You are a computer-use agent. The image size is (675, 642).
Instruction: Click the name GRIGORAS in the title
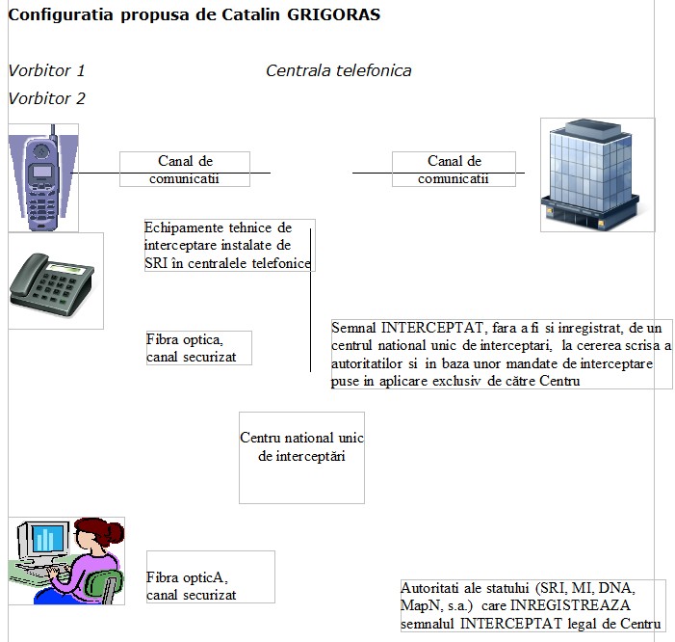333,14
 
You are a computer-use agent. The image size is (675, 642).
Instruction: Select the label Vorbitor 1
46,70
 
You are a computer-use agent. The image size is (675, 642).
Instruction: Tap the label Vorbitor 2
46,98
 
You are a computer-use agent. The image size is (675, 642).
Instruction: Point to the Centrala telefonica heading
338,70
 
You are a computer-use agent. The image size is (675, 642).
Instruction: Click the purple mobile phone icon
41,177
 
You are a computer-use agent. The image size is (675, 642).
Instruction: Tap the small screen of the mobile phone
41,172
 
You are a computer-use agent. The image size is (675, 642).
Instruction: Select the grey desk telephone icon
52,284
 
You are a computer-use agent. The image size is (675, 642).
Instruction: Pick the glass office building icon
590,174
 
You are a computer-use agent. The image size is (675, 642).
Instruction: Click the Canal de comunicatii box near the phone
185,170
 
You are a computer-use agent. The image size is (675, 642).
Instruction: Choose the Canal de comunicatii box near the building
454,170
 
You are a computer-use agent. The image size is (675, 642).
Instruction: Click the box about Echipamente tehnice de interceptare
229,245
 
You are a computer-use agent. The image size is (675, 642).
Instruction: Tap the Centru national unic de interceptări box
301,458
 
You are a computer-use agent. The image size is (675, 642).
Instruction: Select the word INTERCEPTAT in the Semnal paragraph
432,328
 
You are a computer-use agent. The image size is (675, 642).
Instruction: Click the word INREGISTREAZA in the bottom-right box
570,605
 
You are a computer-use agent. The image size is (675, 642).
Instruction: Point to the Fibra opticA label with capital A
187,577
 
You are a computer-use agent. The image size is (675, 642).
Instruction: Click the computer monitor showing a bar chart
43,540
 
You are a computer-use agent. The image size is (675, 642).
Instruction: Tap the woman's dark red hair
98,532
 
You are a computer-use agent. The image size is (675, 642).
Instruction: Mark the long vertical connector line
310,300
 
